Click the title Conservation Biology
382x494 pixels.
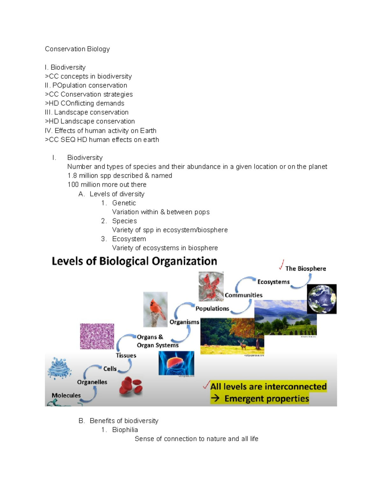(x=77, y=49)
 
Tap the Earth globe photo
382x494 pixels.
(x=322, y=299)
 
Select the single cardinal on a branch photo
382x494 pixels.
(x=155, y=310)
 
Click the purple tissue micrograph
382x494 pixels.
(x=97, y=336)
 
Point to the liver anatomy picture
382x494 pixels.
(x=176, y=363)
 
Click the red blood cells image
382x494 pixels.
(x=131, y=387)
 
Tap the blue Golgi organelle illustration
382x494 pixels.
(x=59, y=368)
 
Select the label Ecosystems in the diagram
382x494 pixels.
(x=273, y=282)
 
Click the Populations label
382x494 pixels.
(x=212, y=309)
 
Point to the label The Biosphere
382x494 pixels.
(x=306, y=268)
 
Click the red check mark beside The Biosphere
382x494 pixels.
(x=281, y=265)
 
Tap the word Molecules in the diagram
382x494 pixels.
(x=66, y=395)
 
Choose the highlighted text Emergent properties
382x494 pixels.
(x=266, y=399)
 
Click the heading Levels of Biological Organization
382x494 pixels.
(x=134, y=261)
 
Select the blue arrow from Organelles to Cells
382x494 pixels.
(x=91, y=370)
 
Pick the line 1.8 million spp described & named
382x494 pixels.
(x=120, y=176)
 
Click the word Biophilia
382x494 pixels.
(x=125, y=430)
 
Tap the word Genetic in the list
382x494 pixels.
(x=124, y=203)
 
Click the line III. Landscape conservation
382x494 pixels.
(x=87, y=112)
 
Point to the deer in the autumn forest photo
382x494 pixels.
(x=243, y=345)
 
